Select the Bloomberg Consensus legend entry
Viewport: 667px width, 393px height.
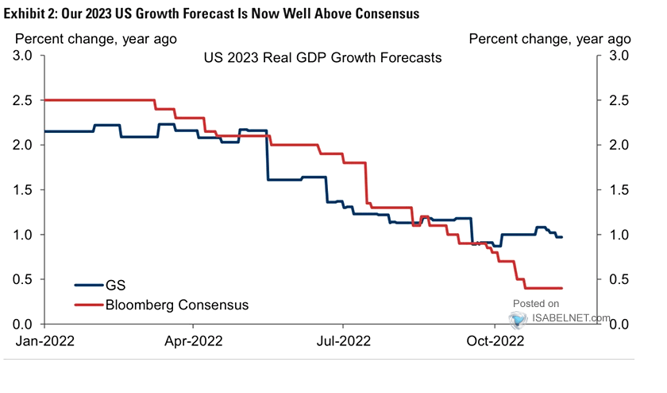(x=175, y=304)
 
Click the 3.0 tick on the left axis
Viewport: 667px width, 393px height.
(x=23, y=56)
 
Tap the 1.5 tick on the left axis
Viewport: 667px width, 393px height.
(x=23, y=190)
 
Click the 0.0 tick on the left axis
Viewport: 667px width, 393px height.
(x=23, y=324)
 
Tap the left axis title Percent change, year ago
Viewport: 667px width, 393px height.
(x=96, y=37)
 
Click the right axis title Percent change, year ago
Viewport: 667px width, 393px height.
(x=549, y=37)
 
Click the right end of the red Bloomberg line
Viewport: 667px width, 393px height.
(x=562, y=288)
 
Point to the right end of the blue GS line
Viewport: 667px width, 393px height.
(x=562, y=237)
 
